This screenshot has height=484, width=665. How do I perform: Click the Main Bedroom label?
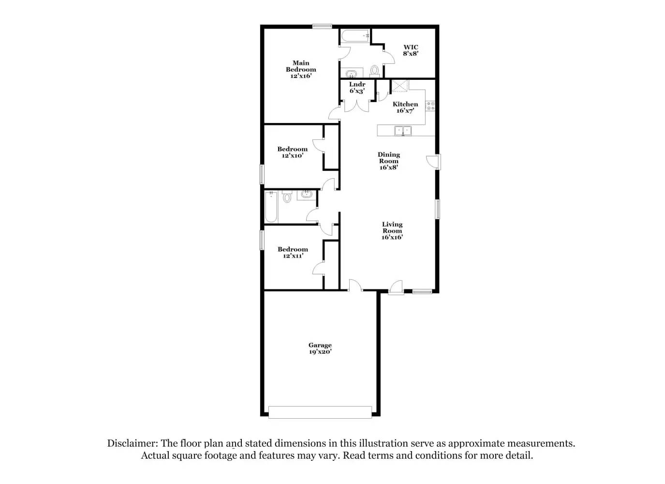(x=301, y=69)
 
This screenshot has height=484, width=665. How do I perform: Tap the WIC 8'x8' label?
(x=411, y=50)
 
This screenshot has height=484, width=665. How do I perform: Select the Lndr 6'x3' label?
(x=357, y=88)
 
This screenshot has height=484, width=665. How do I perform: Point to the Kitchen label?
(x=405, y=104)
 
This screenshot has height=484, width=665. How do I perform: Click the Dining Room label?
(x=389, y=161)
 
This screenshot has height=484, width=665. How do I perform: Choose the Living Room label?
(x=392, y=230)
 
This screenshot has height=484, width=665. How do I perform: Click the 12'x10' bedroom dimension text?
(x=293, y=156)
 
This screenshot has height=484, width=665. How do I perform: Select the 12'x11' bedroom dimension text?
(x=293, y=256)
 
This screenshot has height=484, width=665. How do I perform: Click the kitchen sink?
(x=402, y=130)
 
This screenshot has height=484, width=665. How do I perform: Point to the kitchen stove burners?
(x=430, y=106)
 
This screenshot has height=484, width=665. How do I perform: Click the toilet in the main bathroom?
(x=375, y=71)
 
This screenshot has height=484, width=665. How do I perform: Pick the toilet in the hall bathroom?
(x=287, y=197)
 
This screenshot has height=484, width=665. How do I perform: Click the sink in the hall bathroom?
(x=306, y=195)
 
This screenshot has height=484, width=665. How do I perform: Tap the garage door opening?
(x=320, y=412)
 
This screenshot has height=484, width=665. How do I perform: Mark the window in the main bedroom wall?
(x=322, y=27)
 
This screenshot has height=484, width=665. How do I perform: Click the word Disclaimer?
(x=132, y=443)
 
